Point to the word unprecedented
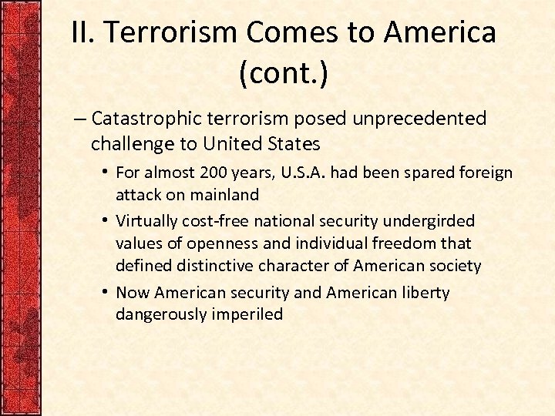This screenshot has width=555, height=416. tap(420, 119)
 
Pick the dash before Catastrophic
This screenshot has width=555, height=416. tap(79, 119)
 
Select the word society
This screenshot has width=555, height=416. tap(455, 267)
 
